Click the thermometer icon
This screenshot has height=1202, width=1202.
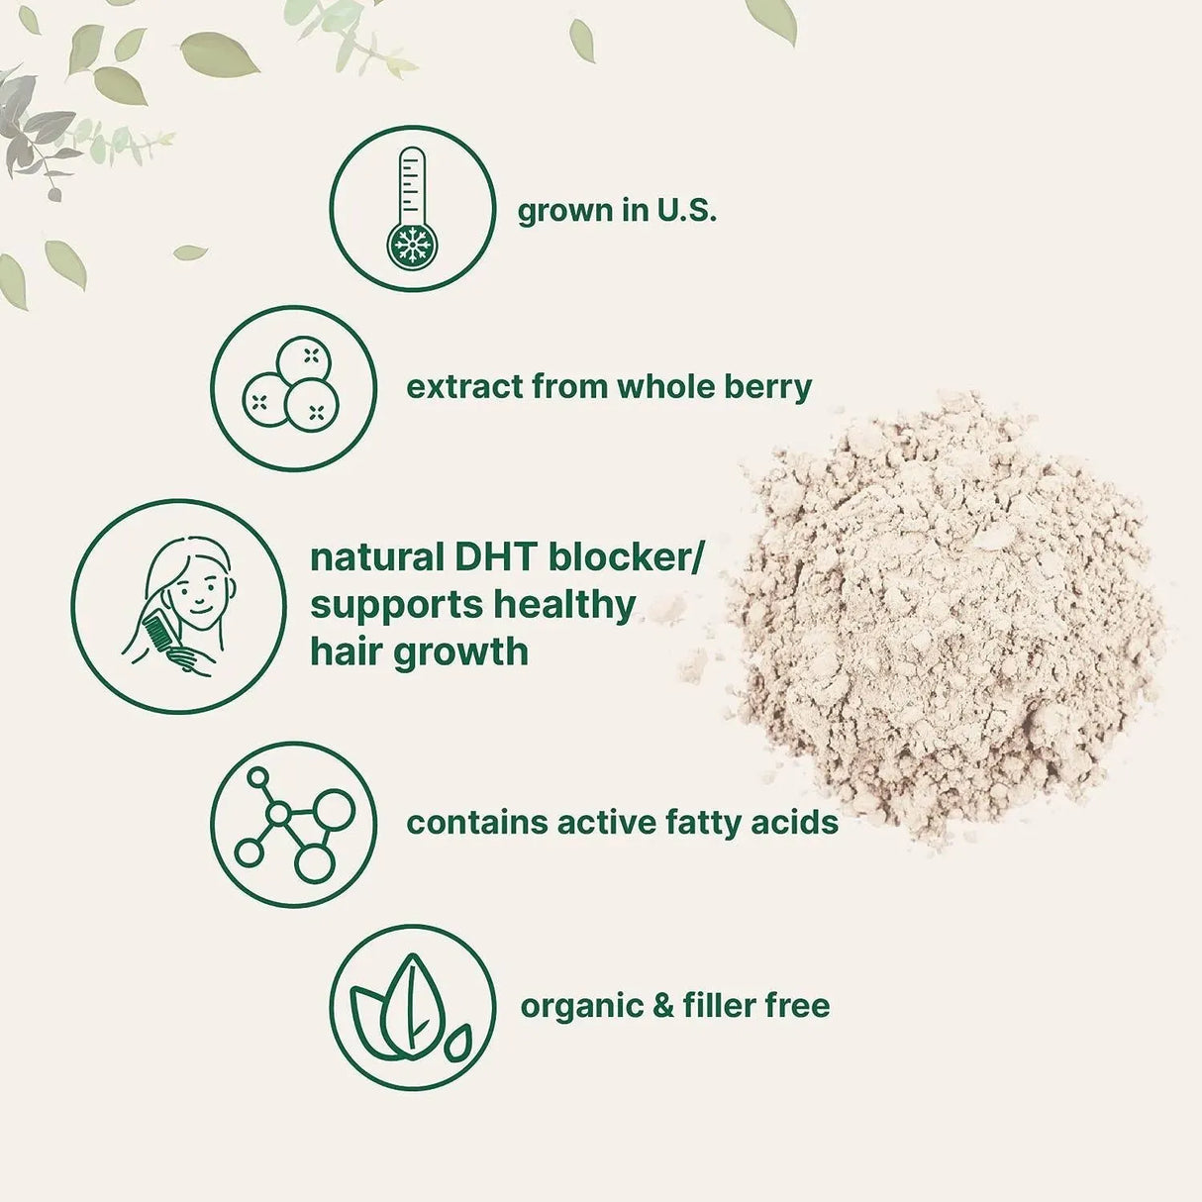[x=411, y=208]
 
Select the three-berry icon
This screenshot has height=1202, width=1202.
[x=293, y=387]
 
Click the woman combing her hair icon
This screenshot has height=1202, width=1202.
[x=178, y=606]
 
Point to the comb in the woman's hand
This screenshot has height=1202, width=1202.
[x=158, y=636]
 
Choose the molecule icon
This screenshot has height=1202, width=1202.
[x=293, y=824]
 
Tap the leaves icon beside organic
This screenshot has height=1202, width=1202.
[x=411, y=1006]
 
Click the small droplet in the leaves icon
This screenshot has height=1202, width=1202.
[x=458, y=1043]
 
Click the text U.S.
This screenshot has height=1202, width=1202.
[x=683, y=211]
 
